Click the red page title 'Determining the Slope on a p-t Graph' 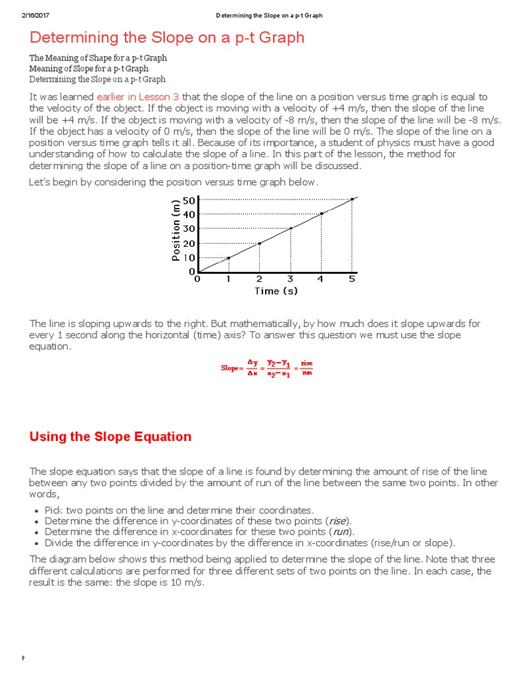[x=167, y=38]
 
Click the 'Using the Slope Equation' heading [x=110, y=436]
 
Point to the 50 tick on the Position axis [x=189, y=200]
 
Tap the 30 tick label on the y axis [x=189, y=228]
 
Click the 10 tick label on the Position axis [x=189, y=257]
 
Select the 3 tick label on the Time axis [x=290, y=279]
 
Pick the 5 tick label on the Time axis [x=352, y=279]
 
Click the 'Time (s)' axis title [x=276, y=291]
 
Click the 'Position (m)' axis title [x=176, y=230]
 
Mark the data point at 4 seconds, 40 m [x=322, y=213]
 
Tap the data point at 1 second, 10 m [x=228, y=257]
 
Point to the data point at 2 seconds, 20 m [x=260, y=243]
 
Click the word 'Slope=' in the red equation [x=231, y=369]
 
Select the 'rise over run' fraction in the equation [x=306, y=369]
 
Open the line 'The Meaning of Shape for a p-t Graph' [x=98, y=58]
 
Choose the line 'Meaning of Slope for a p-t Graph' [x=89, y=68]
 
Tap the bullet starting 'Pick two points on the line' [x=170, y=510]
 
